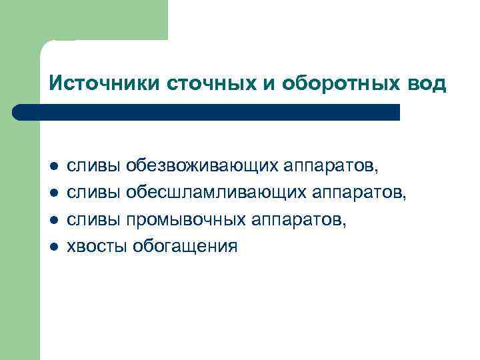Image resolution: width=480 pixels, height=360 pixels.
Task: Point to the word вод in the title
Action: (427, 84)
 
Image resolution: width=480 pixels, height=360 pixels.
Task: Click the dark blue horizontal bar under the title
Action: (207, 112)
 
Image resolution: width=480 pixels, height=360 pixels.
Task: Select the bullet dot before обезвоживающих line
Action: (54, 165)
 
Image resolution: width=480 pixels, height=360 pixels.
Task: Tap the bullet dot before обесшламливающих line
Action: (54, 193)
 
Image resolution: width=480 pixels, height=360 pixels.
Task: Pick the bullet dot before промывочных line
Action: (54, 220)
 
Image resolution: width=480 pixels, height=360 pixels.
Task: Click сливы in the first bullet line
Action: (92, 165)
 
